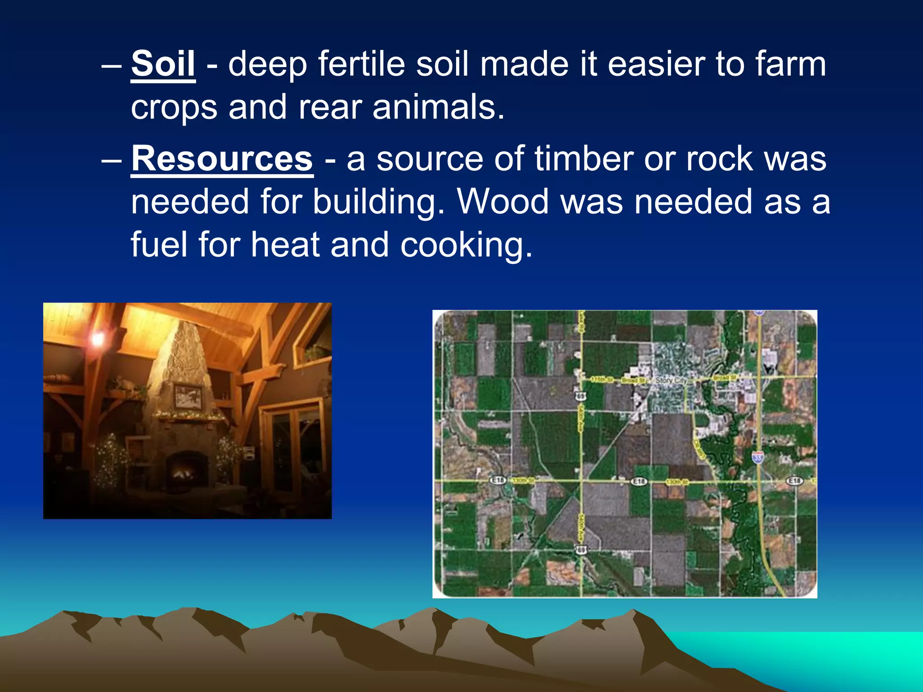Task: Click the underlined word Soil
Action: click(x=163, y=64)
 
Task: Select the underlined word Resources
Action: click(x=222, y=159)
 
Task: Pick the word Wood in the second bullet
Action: click(x=503, y=201)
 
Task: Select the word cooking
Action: click(x=466, y=245)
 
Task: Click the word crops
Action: click(x=174, y=108)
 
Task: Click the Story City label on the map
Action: click(x=671, y=381)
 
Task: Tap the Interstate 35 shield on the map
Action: click(x=758, y=458)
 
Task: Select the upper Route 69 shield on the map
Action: click(x=581, y=396)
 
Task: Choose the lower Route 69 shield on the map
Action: click(x=582, y=549)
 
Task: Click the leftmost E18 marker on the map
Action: click(x=498, y=480)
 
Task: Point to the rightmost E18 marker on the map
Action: click(x=795, y=481)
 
